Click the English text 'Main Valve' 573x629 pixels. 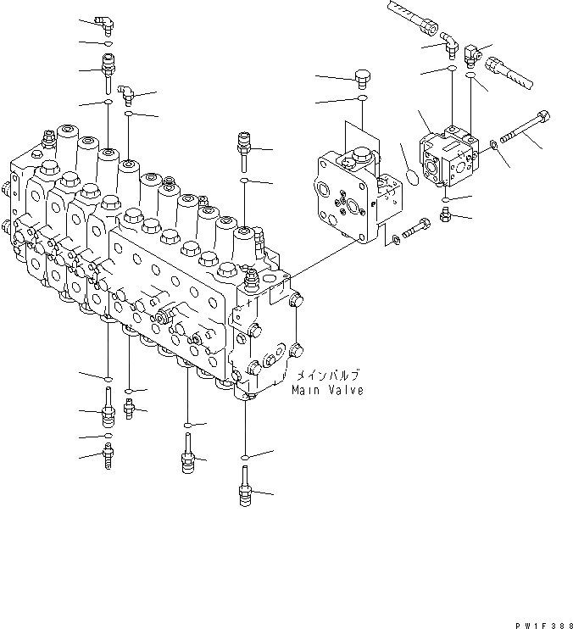327,391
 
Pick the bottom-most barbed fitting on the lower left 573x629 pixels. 108,458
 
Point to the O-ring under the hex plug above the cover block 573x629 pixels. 362,99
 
